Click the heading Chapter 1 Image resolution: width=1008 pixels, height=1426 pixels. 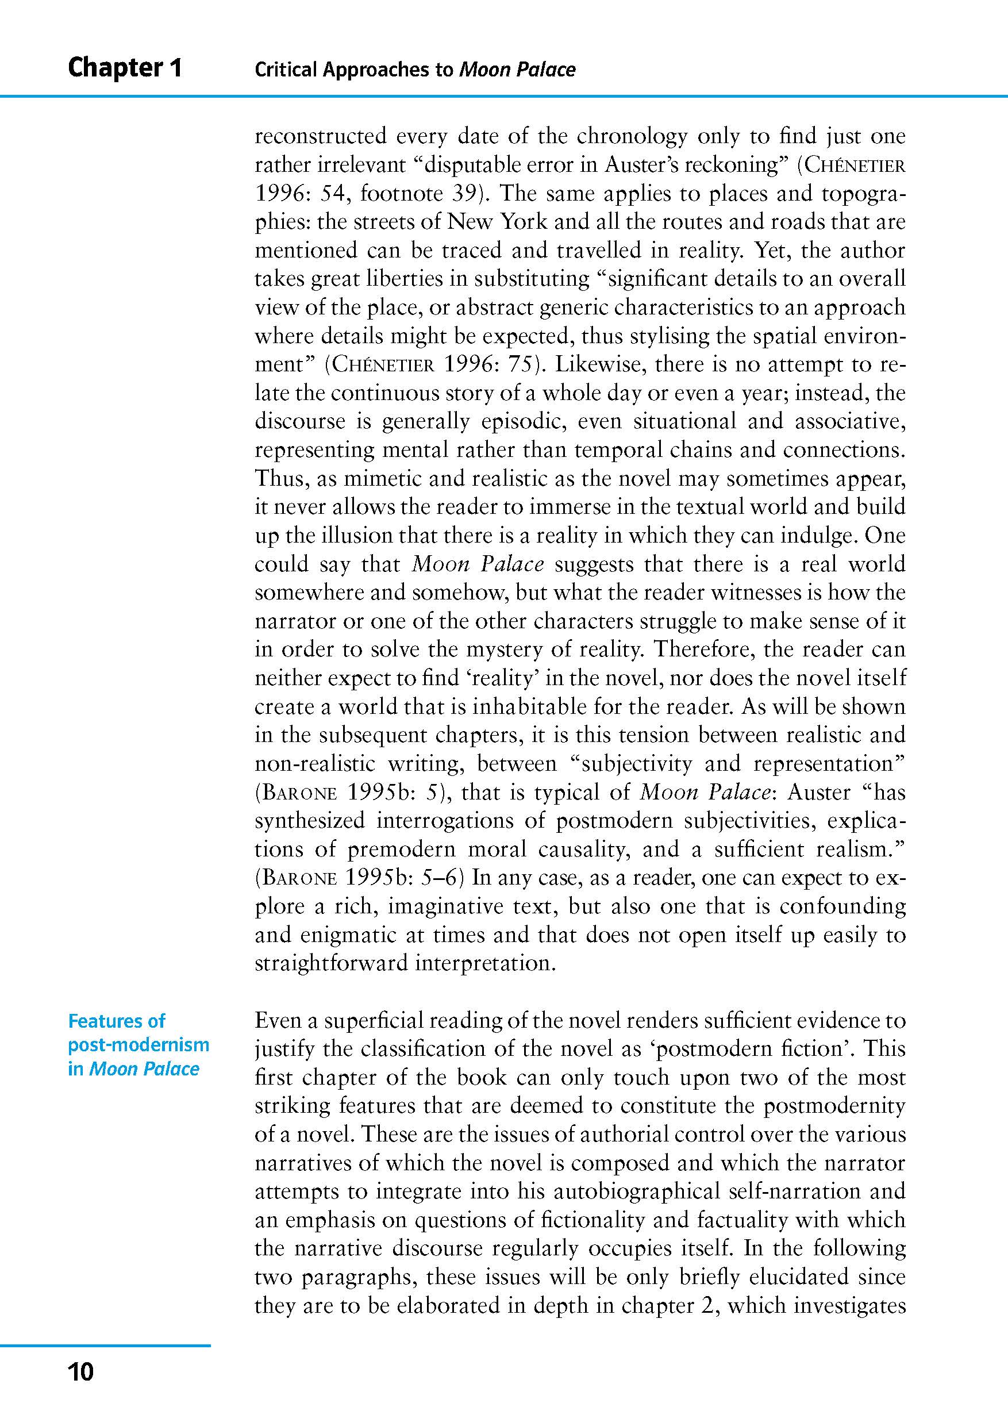coord(125,68)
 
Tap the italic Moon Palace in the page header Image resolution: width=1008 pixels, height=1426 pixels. coord(517,70)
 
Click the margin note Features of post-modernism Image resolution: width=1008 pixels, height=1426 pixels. coord(138,1045)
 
